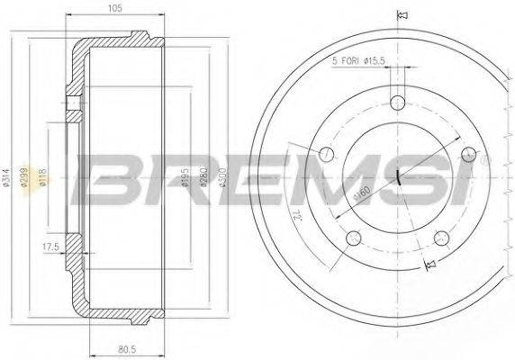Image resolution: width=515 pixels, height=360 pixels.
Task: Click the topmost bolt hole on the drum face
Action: point(397,99)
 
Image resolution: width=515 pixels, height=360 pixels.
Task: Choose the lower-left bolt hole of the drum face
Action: point(354,238)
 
